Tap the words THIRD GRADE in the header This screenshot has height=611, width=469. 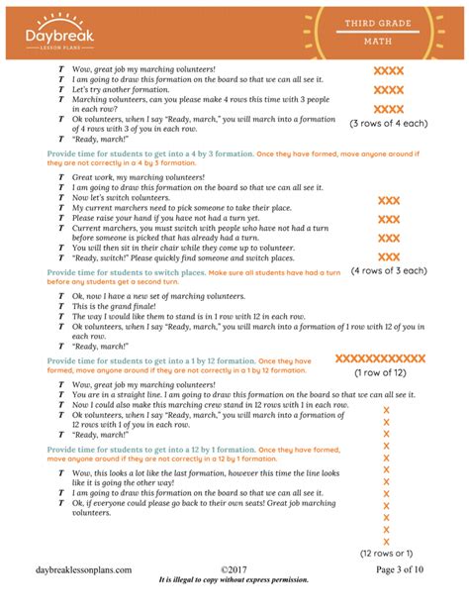[384, 22]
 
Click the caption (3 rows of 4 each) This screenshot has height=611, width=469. [388, 123]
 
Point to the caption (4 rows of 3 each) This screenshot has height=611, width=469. [388, 270]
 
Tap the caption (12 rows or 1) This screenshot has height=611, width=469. [386, 553]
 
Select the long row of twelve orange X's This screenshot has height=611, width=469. [381, 358]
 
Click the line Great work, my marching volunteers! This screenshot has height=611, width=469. [138, 177]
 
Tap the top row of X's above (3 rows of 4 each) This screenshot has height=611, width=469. [388, 70]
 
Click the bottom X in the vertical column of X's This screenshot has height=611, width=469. [386, 541]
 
